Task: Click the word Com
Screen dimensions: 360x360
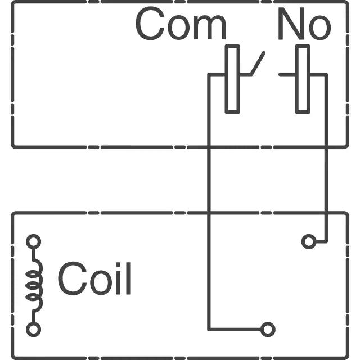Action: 181,24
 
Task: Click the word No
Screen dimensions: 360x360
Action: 304,24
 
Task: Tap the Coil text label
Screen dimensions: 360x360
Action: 94,278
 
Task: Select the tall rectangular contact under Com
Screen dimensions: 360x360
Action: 232,79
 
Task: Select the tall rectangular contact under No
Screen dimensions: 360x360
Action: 303,79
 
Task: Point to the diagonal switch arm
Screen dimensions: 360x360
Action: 258,64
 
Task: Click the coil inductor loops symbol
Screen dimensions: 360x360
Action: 34,285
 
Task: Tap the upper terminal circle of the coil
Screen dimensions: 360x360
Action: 34,241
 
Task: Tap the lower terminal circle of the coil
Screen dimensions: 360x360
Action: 34,330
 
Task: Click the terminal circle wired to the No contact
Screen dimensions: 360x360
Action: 309,241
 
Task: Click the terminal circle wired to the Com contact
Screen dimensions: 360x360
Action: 268,330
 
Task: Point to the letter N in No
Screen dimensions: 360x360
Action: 291,24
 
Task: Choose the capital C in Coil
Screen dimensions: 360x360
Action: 72,278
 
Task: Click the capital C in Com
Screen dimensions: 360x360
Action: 150,24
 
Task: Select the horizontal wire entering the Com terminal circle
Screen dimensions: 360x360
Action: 235,330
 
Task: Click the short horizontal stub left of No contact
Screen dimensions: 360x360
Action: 287,74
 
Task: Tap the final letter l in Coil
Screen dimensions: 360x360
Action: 128,278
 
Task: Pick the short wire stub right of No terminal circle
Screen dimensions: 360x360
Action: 321,241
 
